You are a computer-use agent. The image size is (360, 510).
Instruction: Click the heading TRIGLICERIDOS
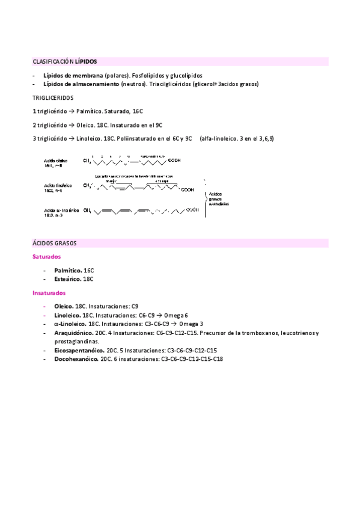(x=53, y=97)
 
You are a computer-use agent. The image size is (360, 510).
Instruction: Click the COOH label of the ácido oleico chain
(x=174, y=161)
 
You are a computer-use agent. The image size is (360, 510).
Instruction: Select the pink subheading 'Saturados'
(x=46, y=257)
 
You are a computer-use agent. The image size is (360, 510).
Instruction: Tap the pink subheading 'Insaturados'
(x=49, y=293)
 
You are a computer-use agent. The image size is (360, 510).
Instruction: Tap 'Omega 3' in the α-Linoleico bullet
(x=191, y=324)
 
